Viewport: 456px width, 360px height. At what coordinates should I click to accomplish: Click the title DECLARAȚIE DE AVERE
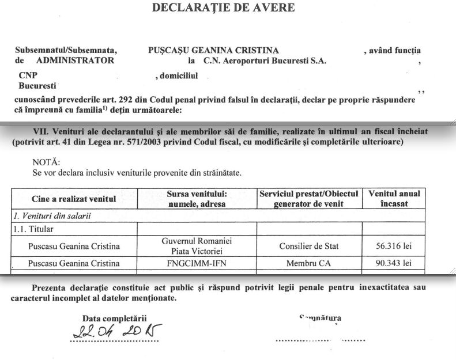click(x=223, y=7)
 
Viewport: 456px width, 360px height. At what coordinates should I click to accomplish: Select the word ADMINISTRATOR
click(x=75, y=60)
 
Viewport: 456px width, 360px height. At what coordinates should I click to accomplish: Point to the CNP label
click(x=27, y=75)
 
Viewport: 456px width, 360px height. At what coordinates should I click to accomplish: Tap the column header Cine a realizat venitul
click(x=73, y=199)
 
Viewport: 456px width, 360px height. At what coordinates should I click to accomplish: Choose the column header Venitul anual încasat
click(x=394, y=199)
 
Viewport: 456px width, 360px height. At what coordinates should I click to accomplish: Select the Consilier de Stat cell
click(x=309, y=247)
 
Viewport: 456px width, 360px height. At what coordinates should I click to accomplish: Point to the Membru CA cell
click(x=309, y=264)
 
